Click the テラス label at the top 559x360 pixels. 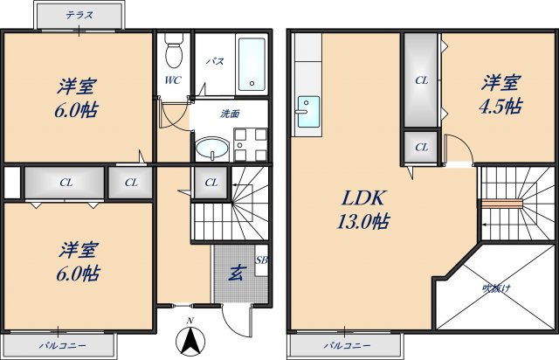point(79,15)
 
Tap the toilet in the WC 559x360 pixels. point(173,51)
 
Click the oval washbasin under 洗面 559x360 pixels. point(210,149)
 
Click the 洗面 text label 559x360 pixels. point(230,114)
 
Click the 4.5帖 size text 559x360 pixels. point(500,107)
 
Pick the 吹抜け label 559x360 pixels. point(498,288)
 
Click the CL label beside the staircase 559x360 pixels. point(210,183)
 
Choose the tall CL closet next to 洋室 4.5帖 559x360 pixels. point(421,80)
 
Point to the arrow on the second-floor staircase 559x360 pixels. point(482,224)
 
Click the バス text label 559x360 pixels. point(212,62)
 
